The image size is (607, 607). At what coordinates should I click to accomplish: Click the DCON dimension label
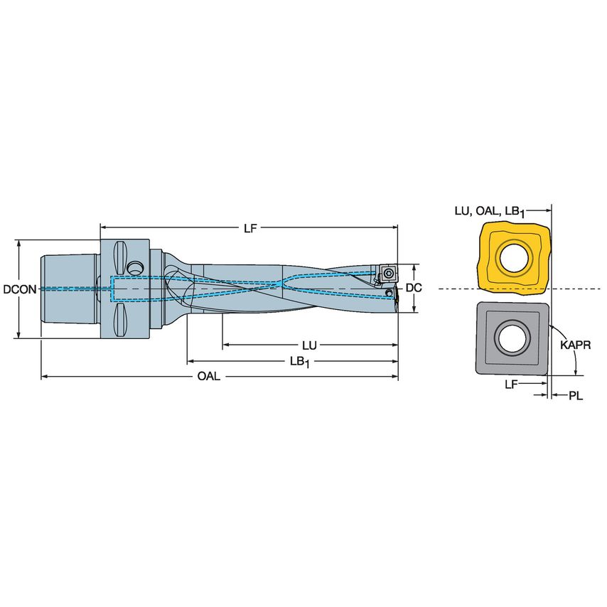19,289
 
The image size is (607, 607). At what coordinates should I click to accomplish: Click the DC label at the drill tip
414,288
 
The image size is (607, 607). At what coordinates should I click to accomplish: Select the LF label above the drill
249,228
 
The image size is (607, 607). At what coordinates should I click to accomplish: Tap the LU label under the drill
308,345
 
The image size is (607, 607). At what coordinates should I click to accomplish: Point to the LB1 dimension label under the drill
300,361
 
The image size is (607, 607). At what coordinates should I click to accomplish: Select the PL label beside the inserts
575,396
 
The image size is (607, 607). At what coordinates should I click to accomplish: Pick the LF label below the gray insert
511,383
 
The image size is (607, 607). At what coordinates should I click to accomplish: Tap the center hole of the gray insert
512,337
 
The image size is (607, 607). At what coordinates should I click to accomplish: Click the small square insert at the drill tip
388,272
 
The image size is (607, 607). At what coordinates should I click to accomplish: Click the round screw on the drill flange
134,267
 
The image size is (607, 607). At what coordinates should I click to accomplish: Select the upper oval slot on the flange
119,254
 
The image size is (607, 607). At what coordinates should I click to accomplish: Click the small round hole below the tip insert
388,293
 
